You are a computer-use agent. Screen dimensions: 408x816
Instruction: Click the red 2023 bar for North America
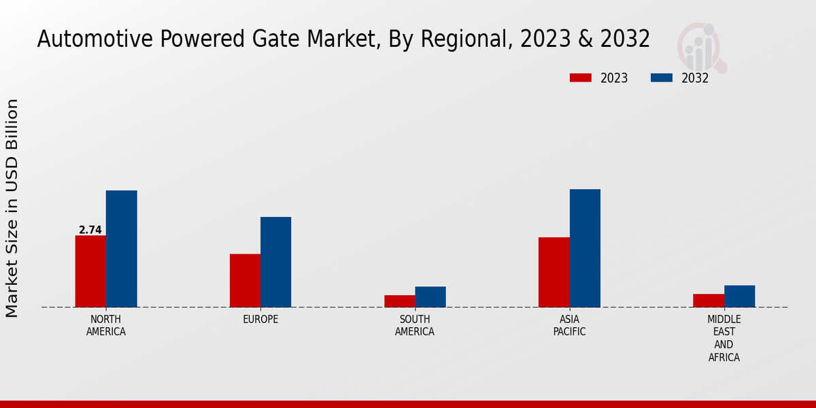pyautogui.click(x=90, y=271)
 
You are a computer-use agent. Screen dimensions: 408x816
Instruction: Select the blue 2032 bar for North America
pyautogui.click(x=122, y=249)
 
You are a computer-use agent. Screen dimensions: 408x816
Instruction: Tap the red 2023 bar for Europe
pyautogui.click(x=245, y=280)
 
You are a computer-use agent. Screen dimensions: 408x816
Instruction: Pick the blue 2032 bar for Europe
pyautogui.click(x=276, y=262)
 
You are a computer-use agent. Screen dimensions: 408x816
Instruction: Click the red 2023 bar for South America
pyautogui.click(x=399, y=301)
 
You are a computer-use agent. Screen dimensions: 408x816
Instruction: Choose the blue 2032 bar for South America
pyautogui.click(x=430, y=296)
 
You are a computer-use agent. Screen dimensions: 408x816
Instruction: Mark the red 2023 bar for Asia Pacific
pyautogui.click(x=554, y=272)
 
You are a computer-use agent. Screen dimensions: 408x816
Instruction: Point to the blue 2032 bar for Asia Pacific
pyautogui.click(x=585, y=248)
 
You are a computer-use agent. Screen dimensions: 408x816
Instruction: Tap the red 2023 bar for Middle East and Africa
pyautogui.click(x=709, y=301)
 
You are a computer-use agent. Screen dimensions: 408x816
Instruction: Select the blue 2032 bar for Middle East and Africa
pyautogui.click(x=740, y=296)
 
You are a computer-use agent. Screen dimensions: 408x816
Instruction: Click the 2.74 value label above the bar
pyautogui.click(x=90, y=230)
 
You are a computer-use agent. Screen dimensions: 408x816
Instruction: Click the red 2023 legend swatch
pyautogui.click(x=580, y=78)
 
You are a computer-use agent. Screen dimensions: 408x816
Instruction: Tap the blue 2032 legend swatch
pyautogui.click(x=662, y=78)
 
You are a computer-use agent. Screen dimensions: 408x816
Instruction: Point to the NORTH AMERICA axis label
pyautogui.click(x=106, y=326)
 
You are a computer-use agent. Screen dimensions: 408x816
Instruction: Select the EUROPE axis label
pyautogui.click(x=260, y=320)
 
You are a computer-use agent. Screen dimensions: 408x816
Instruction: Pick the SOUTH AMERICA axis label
pyautogui.click(x=415, y=326)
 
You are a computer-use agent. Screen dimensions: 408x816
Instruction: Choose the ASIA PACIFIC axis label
pyautogui.click(x=569, y=326)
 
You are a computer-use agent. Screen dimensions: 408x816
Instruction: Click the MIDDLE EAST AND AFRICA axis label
pyautogui.click(x=724, y=338)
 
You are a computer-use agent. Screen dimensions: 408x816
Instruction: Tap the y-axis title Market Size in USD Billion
pyautogui.click(x=12, y=207)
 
